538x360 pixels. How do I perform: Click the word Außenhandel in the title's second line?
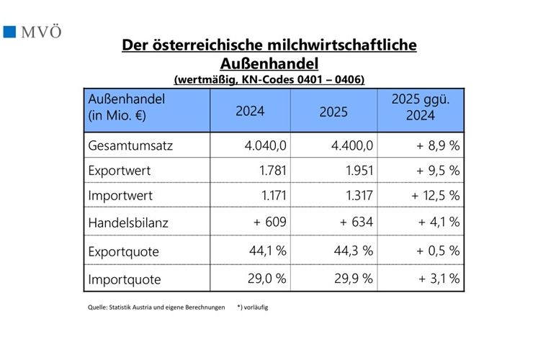click(x=269, y=63)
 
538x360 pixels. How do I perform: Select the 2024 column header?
click(x=250, y=112)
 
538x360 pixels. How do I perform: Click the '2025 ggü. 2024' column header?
click(x=420, y=109)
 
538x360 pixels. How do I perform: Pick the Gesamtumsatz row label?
click(x=130, y=145)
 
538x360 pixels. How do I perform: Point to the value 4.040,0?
click(x=266, y=145)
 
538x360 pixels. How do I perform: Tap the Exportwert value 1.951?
click(x=359, y=171)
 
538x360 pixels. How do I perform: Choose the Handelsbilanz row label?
click(x=127, y=222)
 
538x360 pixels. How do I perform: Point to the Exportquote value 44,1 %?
click(x=267, y=251)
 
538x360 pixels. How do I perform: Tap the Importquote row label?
click(x=124, y=279)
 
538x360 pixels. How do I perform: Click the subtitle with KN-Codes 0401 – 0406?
click(x=269, y=78)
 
